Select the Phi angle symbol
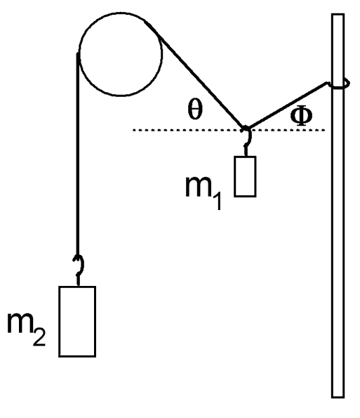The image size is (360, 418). click(301, 115)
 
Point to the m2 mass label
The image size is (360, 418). click(26, 329)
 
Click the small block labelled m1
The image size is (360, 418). click(245, 176)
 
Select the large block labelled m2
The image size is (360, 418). click(77, 321)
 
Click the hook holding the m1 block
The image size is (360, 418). click(248, 141)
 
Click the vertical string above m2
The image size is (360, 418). click(77, 154)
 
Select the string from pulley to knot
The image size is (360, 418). click(194, 74)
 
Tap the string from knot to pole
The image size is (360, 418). click(287, 105)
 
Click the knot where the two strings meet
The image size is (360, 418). click(245, 129)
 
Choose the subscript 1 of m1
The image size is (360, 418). click(217, 201)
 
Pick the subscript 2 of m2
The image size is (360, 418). click(39, 337)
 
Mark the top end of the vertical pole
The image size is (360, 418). click(338, 14)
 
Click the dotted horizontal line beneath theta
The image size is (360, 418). click(229, 130)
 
